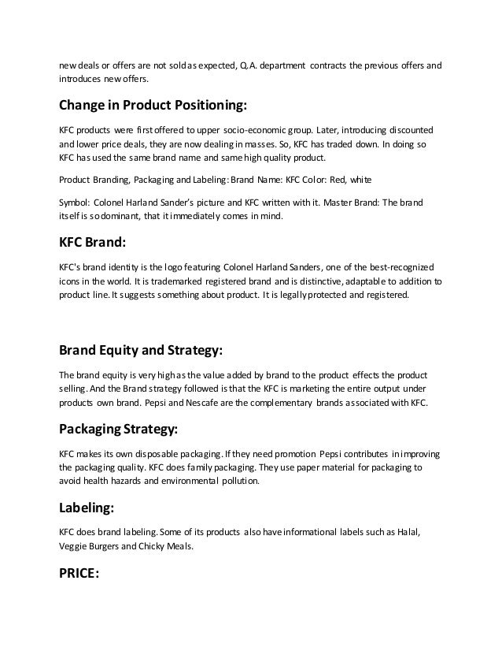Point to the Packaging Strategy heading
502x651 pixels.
click(x=118, y=430)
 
